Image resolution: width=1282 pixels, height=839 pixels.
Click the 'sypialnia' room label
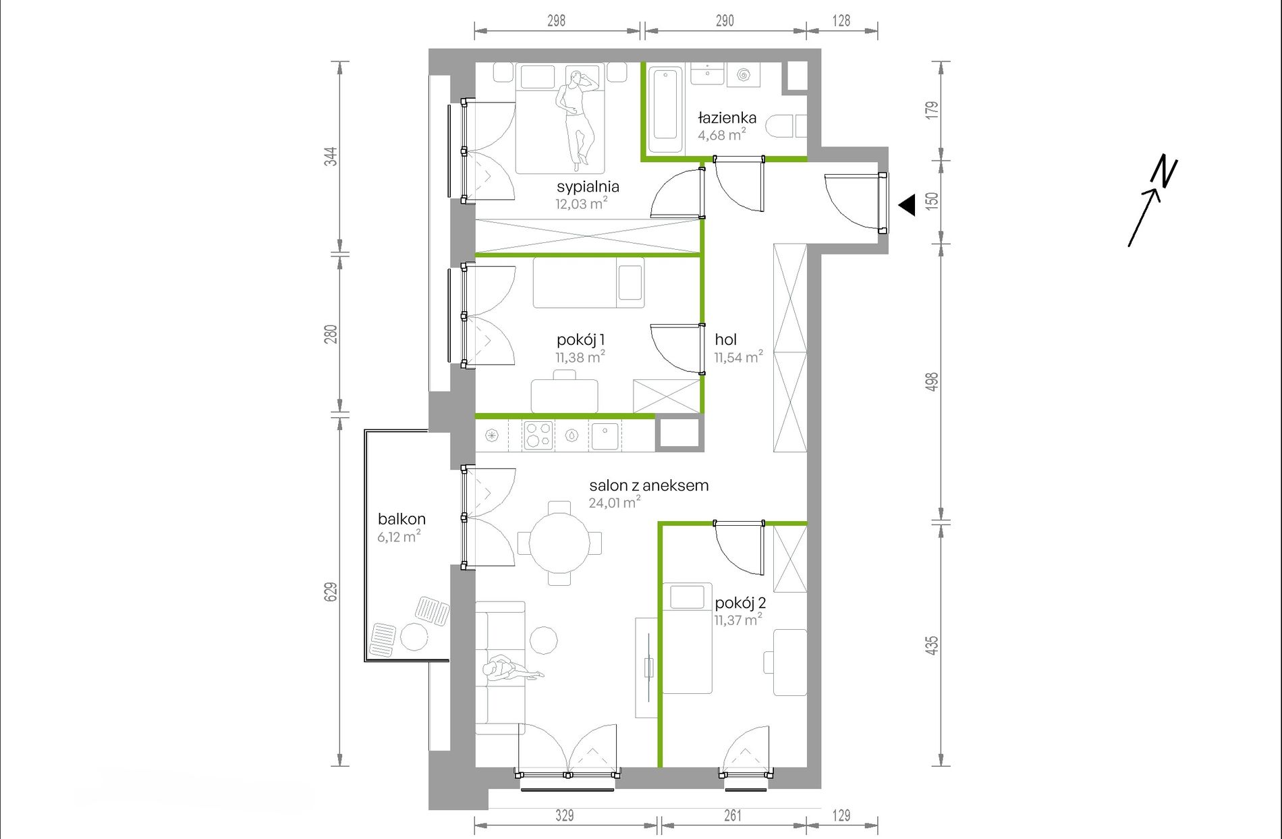(588, 187)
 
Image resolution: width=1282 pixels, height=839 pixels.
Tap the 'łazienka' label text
(727, 117)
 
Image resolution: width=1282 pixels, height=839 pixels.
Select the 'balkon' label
(401, 519)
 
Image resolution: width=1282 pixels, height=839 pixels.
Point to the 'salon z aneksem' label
(648, 485)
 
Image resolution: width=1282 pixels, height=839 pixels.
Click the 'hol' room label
(725, 340)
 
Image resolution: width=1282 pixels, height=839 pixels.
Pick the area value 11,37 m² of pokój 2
(739, 620)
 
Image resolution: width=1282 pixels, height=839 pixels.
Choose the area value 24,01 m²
(614, 502)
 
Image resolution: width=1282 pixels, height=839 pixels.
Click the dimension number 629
(331, 592)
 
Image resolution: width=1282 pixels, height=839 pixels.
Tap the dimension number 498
(932, 382)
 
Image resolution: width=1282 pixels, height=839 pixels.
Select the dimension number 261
(733, 815)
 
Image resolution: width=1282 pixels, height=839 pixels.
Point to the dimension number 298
(556, 21)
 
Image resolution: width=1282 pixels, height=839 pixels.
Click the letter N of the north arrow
(1165, 171)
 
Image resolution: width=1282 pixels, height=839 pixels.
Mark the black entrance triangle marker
(907, 205)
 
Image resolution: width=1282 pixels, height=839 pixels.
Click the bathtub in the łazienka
(665, 111)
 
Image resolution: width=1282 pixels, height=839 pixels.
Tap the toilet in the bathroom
(786, 126)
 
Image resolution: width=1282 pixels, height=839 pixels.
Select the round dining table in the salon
(559, 543)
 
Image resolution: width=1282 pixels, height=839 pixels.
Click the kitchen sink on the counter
(605, 436)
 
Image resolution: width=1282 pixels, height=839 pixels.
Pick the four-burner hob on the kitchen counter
(538, 435)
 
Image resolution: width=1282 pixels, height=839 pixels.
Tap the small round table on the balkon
(414, 636)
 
